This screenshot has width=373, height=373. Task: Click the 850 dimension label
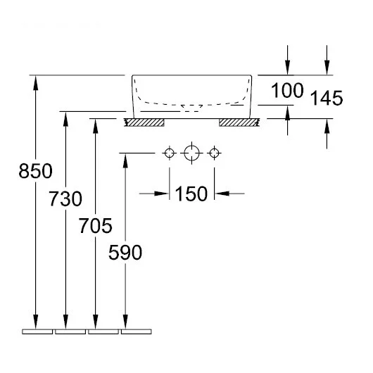pyautogui.click(x=35, y=171)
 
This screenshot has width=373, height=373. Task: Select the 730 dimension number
pyautogui.click(x=65, y=198)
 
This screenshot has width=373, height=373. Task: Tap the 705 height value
pyautogui.click(x=96, y=226)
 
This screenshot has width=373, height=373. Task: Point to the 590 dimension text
pyautogui.click(x=125, y=252)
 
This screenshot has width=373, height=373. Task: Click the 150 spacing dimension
pyautogui.click(x=191, y=194)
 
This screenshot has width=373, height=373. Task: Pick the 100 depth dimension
pyautogui.click(x=287, y=90)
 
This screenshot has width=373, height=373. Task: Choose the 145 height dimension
pyautogui.click(x=327, y=98)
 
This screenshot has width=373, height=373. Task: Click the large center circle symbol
pyautogui.click(x=191, y=153)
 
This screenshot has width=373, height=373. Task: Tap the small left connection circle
pyautogui.click(x=170, y=153)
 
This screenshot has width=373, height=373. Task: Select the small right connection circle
pyautogui.click(x=215, y=153)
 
